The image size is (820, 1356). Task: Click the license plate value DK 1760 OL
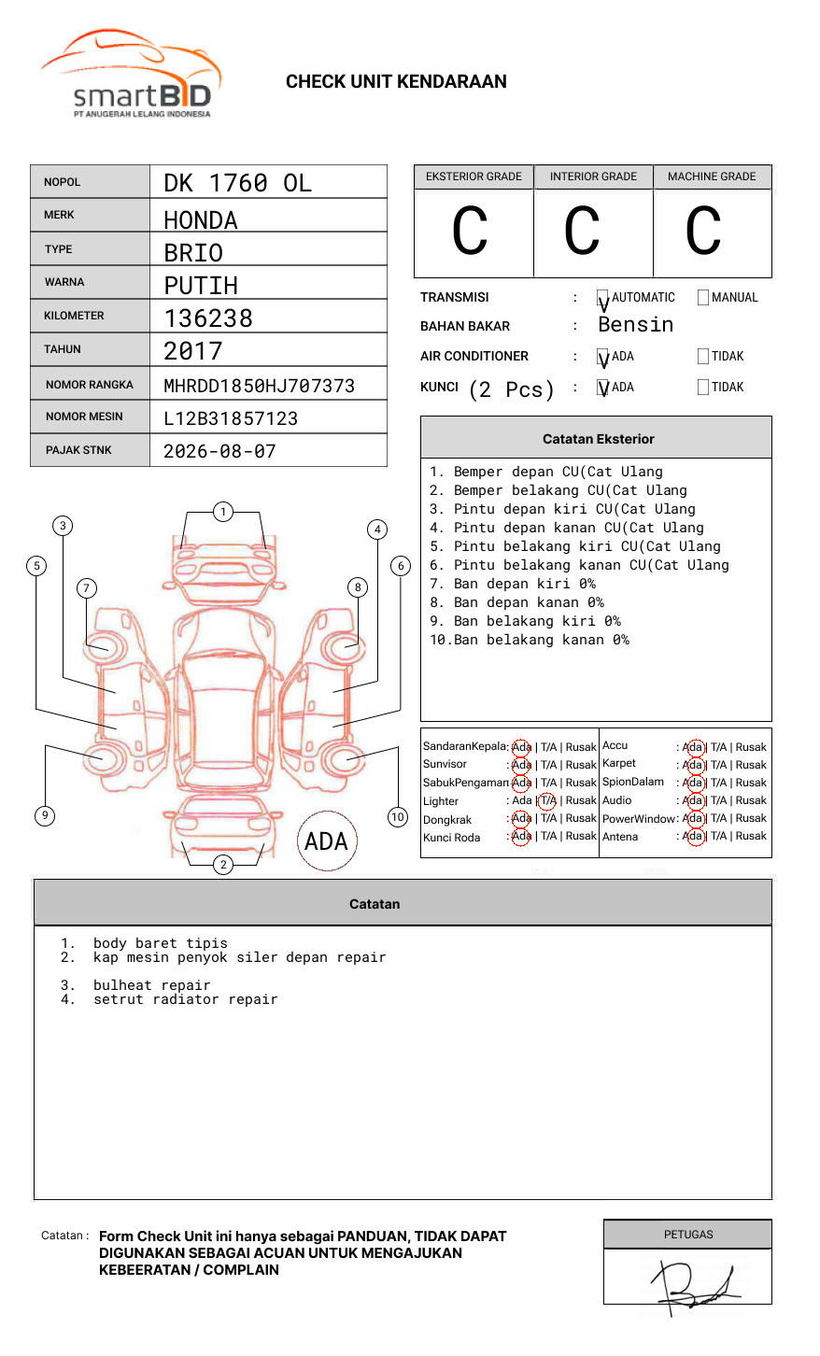tap(237, 183)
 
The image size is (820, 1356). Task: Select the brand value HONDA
tap(201, 220)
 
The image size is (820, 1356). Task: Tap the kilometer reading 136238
tap(208, 318)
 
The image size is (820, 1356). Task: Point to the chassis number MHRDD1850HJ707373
tap(259, 386)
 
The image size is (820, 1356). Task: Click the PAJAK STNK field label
tap(78, 450)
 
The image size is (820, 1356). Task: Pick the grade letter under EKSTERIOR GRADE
tap(470, 232)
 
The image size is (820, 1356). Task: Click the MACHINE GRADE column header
tap(712, 177)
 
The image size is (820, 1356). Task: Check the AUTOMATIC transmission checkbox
tap(603, 299)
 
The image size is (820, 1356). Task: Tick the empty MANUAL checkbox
tap(703, 298)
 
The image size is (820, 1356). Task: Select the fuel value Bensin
tap(635, 325)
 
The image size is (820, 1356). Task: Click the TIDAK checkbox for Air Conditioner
tap(703, 357)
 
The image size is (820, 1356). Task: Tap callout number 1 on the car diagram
tap(222, 512)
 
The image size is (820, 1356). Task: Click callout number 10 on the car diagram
tap(398, 817)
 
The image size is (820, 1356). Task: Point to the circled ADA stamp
tap(327, 840)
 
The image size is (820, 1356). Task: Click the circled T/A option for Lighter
tap(547, 800)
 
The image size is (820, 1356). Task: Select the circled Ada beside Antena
tap(693, 836)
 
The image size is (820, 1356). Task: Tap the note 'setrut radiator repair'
tap(185, 999)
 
